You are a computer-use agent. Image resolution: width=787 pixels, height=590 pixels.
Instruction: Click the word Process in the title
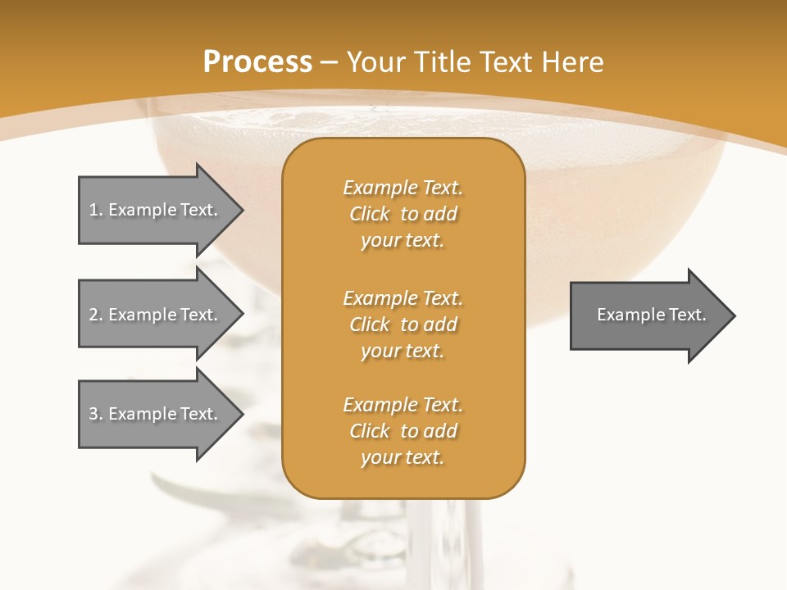pyautogui.click(x=257, y=62)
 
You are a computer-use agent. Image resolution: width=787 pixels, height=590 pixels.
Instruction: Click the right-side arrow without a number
pyautogui.click(x=648, y=315)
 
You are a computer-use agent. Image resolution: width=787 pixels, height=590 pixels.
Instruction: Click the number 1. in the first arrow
pyautogui.click(x=96, y=210)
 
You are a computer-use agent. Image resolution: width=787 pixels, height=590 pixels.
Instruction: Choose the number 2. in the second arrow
pyautogui.click(x=96, y=315)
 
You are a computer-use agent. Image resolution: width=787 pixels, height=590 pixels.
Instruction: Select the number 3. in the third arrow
pyautogui.click(x=96, y=414)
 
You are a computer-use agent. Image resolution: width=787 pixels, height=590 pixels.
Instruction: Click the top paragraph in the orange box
pyautogui.click(x=403, y=214)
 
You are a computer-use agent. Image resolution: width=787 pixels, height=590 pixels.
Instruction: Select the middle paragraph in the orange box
pyautogui.click(x=403, y=324)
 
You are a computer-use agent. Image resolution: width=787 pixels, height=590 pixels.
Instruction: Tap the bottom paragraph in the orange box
pyautogui.click(x=403, y=431)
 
